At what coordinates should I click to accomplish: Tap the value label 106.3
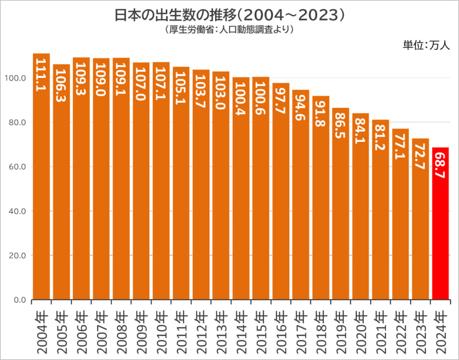61,86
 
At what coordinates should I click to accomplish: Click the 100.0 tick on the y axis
16,78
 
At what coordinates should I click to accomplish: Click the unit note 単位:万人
426,45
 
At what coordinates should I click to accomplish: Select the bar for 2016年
281,193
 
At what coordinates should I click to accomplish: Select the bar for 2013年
221,188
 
